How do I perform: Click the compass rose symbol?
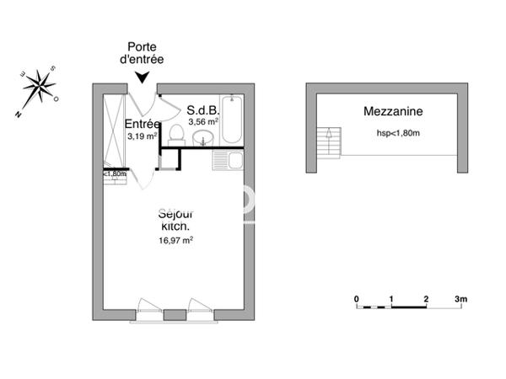pyautogui.click(x=38, y=87)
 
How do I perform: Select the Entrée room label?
pyautogui.click(x=143, y=124)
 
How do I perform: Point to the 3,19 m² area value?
pyautogui.click(x=142, y=136)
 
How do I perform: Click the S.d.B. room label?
pyautogui.click(x=203, y=109)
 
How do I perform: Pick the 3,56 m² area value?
pyautogui.click(x=203, y=121)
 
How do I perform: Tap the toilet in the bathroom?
pyautogui.click(x=177, y=133)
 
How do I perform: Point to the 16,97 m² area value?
pyautogui.click(x=177, y=240)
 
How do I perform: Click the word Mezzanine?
pyautogui.click(x=393, y=111)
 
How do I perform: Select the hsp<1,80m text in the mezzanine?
pyautogui.click(x=398, y=133)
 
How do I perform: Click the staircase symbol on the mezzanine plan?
pyautogui.click(x=328, y=141)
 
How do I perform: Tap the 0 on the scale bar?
pyautogui.click(x=357, y=299)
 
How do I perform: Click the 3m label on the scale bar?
pyautogui.click(x=460, y=299)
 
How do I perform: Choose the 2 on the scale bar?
pyautogui.click(x=427, y=299)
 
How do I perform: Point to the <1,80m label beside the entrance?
pyautogui.click(x=115, y=174)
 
